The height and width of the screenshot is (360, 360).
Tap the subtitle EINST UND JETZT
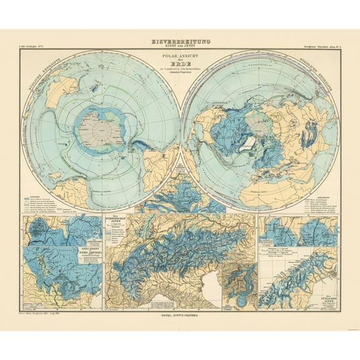pyautogui.click(x=181, y=46)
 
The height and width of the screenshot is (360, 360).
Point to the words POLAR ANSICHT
pyautogui.click(x=181, y=55)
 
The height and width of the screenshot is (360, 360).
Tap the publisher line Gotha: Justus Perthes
pyautogui.click(x=181, y=317)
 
